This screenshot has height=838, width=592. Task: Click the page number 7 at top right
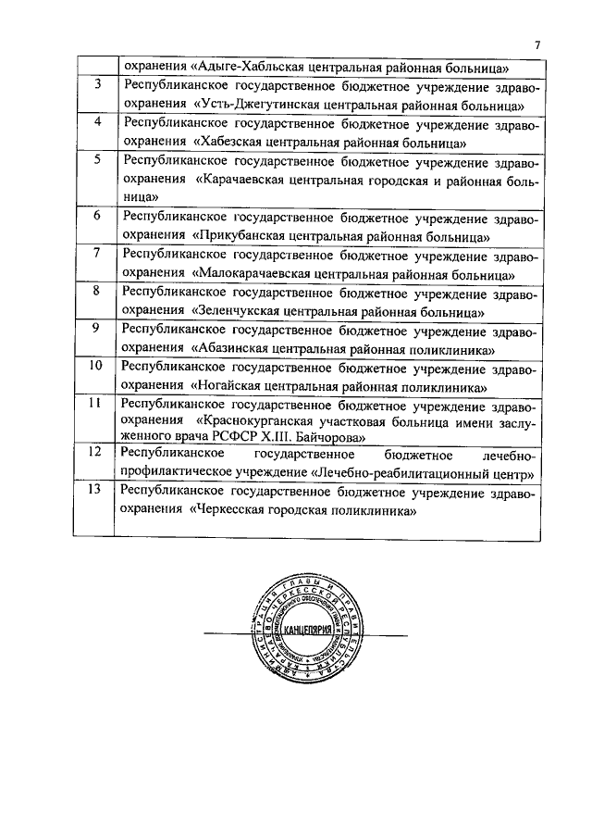click(537, 45)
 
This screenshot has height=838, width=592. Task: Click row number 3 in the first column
click(98, 84)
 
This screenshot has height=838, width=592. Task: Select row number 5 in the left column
click(98, 159)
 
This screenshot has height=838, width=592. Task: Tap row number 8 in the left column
click(98, 291)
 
